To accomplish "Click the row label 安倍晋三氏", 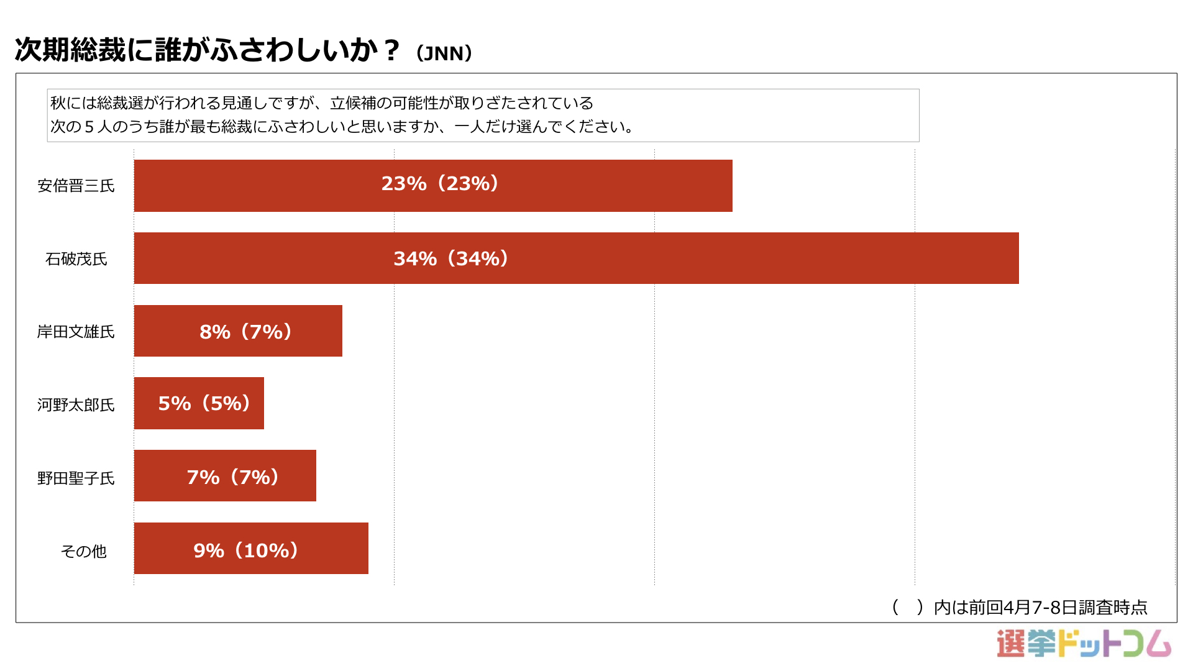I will coord(76,186).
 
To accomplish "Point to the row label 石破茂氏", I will coord(76,258).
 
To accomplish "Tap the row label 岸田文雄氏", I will coord(76,332).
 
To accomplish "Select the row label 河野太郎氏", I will coord(76,405).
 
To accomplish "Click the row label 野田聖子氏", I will coord(76,478).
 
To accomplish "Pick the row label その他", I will coord(83,551).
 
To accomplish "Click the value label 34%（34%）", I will coord(452,258).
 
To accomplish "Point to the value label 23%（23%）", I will coord(441,184).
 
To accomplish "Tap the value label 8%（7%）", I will coord(246,332).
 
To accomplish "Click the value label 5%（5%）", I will coord(204,404).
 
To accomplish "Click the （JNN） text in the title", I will coord(444,53).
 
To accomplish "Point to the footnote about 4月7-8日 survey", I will coord(1020,607).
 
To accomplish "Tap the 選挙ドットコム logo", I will coord(1084,644).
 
